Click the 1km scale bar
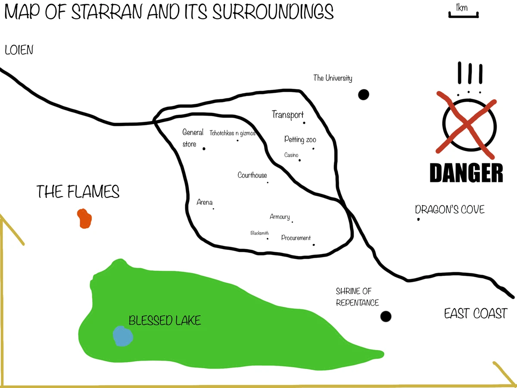tap(463, 16)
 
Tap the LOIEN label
tap(19, 50)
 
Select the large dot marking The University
tap(364, 94)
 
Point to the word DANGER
tap(467, 173)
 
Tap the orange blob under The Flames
tap(84, 219)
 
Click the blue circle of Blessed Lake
tap(123, 336)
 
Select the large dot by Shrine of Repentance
tap(386, 316)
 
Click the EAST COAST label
tap(476, 313)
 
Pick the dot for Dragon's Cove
tap(418, 219)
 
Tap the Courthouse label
tap(252, 175)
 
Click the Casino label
tap(291, 155)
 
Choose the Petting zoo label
tap(300, 140)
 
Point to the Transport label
tap(288, 115)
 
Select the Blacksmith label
tap(260, 233)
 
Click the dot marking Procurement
tap(314, 245)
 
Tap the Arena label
tap(205, 202)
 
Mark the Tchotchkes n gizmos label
tap(233, 133)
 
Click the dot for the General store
tap(204, 149)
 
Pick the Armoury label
tap(280, 217)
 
